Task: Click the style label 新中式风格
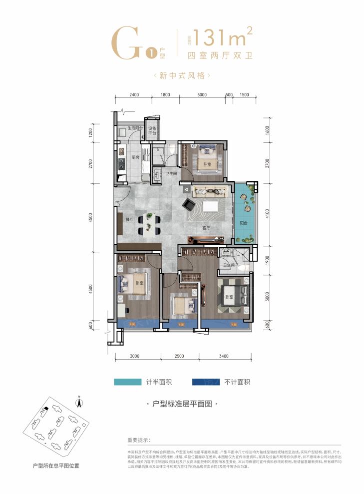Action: [182, 76]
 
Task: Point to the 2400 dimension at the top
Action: [133, 95]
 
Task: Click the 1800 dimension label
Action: [165, 95]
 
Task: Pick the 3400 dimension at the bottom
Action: [223, 356]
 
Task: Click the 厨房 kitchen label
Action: [135, 157]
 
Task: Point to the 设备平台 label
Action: [152, 131]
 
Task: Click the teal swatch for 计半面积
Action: [129, 382]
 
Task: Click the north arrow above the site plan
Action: [78, 399]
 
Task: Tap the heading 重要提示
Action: [138, 441]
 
